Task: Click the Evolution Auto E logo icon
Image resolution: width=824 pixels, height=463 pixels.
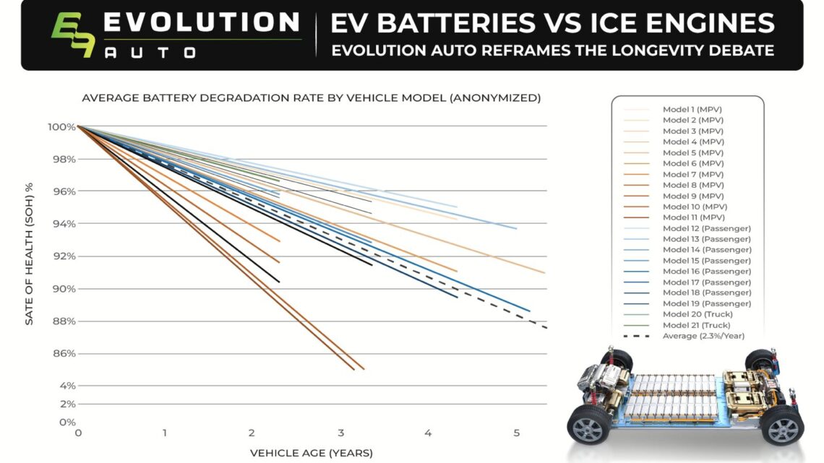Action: [x=72, y=35]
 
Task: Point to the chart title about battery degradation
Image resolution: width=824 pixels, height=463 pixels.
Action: [x=311, y=98]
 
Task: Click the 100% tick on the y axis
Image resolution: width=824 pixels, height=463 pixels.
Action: [x=61, y=127]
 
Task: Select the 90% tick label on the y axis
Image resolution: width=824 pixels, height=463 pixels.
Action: [x=63, y=289]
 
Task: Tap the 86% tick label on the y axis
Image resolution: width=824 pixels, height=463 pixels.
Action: [x=63, y=354]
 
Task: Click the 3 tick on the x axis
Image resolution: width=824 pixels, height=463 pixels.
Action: [x=340, y=433]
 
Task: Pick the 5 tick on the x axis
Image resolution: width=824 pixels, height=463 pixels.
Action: [x=516, y=433]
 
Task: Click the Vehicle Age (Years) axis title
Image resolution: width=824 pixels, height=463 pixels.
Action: [x=311, y=453]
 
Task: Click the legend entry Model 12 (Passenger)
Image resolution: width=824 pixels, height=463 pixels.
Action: [x=706, y=228]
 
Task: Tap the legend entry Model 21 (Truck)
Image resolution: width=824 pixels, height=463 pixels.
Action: [x=697, y=325]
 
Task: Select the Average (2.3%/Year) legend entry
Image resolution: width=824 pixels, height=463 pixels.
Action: [x=703, y=336]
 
